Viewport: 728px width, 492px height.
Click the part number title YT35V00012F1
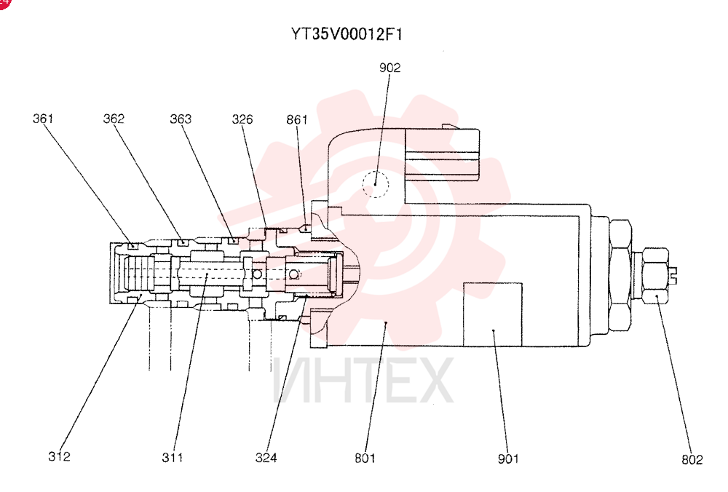click(x=347, y=34)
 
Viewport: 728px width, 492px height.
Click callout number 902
click(x=389, y=68)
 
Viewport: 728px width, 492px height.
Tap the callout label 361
click(x=43, y=119)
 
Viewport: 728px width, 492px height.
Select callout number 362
click(x=114, y=119)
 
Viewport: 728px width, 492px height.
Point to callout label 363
click(x=181, y=119)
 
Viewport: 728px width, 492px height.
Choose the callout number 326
click(x=242, y=119)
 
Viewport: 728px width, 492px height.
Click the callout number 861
click(x=297, y=120)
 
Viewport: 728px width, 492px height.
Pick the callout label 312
click(x=60, y=456)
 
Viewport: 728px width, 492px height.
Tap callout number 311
click(x=173, y=458)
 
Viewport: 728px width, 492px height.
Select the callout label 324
click(x=266, y=458)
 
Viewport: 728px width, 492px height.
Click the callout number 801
click(x=365, y=458)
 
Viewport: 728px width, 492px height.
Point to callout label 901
click(x=508, y=459)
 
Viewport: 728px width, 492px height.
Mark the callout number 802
click(x=692, y=459)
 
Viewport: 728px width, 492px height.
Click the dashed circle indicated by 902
click(x=376, y=171)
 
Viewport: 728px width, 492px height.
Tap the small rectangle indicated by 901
click(x=493, y=314)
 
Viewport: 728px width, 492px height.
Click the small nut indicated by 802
click(x=655, y=276)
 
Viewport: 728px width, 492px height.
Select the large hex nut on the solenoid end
click(x=620, y=276)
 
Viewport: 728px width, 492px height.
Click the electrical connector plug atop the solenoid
click(x=442, y=154)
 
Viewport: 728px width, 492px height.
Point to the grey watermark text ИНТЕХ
click(x=363, y=381)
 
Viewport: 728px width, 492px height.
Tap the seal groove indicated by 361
click(x=133, y=246)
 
